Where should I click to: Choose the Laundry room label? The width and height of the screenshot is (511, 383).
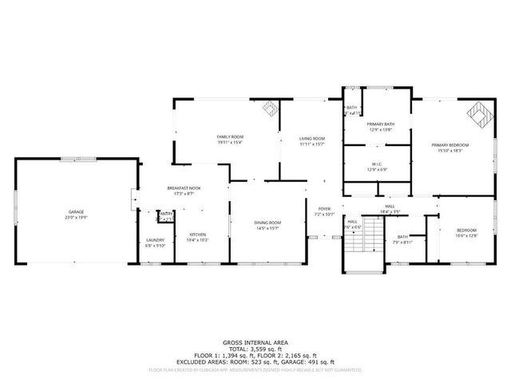click(x=155, y=243)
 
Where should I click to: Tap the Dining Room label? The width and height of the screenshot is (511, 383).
click(x=268, y=226)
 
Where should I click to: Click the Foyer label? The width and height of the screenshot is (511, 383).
click(x=323, y=211)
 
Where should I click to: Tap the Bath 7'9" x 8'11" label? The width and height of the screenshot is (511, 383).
click(x=402, y=239)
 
